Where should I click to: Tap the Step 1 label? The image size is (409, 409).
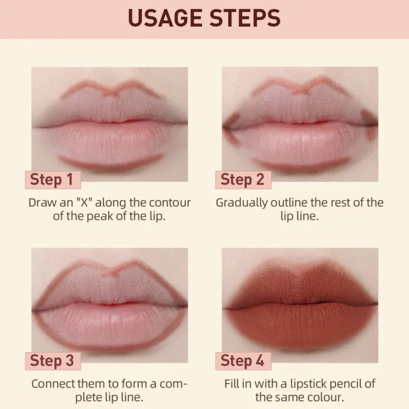point(52,180)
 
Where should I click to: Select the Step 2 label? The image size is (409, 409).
point(243,180)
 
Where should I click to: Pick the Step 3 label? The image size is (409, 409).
point(52,360)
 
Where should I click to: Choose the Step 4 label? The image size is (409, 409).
point(243,360)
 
